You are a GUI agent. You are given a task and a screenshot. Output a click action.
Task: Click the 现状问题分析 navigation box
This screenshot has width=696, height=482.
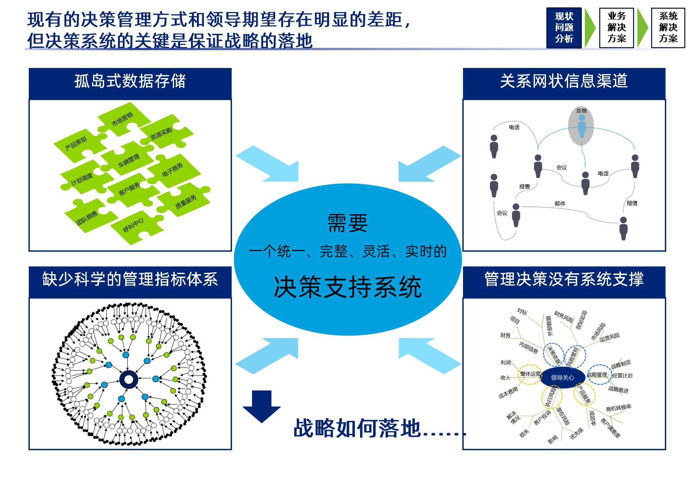(564, 28)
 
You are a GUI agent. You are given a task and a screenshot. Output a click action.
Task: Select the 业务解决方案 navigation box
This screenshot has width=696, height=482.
(616, 28)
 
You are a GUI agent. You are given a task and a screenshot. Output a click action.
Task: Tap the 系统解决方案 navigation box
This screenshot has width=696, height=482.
(668, 28)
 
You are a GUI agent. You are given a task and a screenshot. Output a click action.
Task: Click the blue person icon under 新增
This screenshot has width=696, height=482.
(582, 127)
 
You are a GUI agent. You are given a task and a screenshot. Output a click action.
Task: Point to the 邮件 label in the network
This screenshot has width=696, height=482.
(560, 204)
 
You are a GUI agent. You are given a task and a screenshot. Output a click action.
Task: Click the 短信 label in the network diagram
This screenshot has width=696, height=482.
(632, 203)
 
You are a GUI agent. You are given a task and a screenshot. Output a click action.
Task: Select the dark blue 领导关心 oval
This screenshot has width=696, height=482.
(562, 378)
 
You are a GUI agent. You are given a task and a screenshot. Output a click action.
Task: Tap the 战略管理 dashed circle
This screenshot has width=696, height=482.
(598, 375)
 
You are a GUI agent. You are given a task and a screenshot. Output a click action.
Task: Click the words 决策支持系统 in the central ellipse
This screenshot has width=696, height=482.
(347, 287)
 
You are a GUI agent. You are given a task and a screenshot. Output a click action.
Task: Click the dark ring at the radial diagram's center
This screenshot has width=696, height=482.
(129, 379)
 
